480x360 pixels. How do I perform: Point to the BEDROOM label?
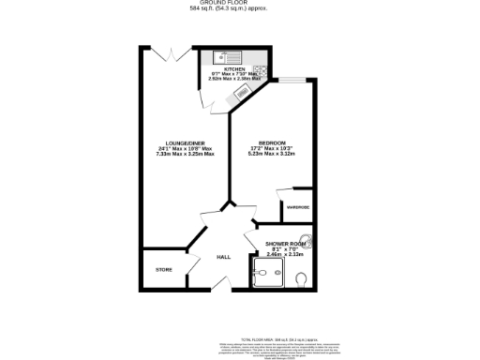272,142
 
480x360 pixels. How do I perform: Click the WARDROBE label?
299,205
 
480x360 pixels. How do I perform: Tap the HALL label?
224,256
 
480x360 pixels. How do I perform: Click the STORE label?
163,270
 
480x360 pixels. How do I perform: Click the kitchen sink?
222,54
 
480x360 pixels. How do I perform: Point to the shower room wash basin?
305,239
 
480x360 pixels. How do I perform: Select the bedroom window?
292,80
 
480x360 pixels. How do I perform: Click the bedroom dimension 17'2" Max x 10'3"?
272,148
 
